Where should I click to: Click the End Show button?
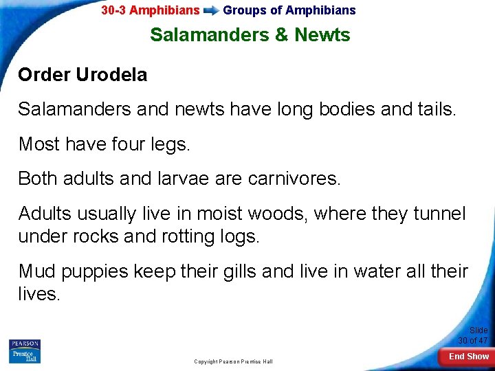[469, 357]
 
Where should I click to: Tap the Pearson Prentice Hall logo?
[25, 351]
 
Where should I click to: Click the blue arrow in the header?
[211, 10]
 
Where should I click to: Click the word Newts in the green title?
[322, 35]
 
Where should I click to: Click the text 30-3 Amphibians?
[151, 10]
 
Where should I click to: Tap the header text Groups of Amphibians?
[289, 10]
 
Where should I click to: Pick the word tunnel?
[441, 214]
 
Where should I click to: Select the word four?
[117, 144]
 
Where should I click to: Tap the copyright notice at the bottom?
[233, 361]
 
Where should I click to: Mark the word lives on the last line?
[40, 293]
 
